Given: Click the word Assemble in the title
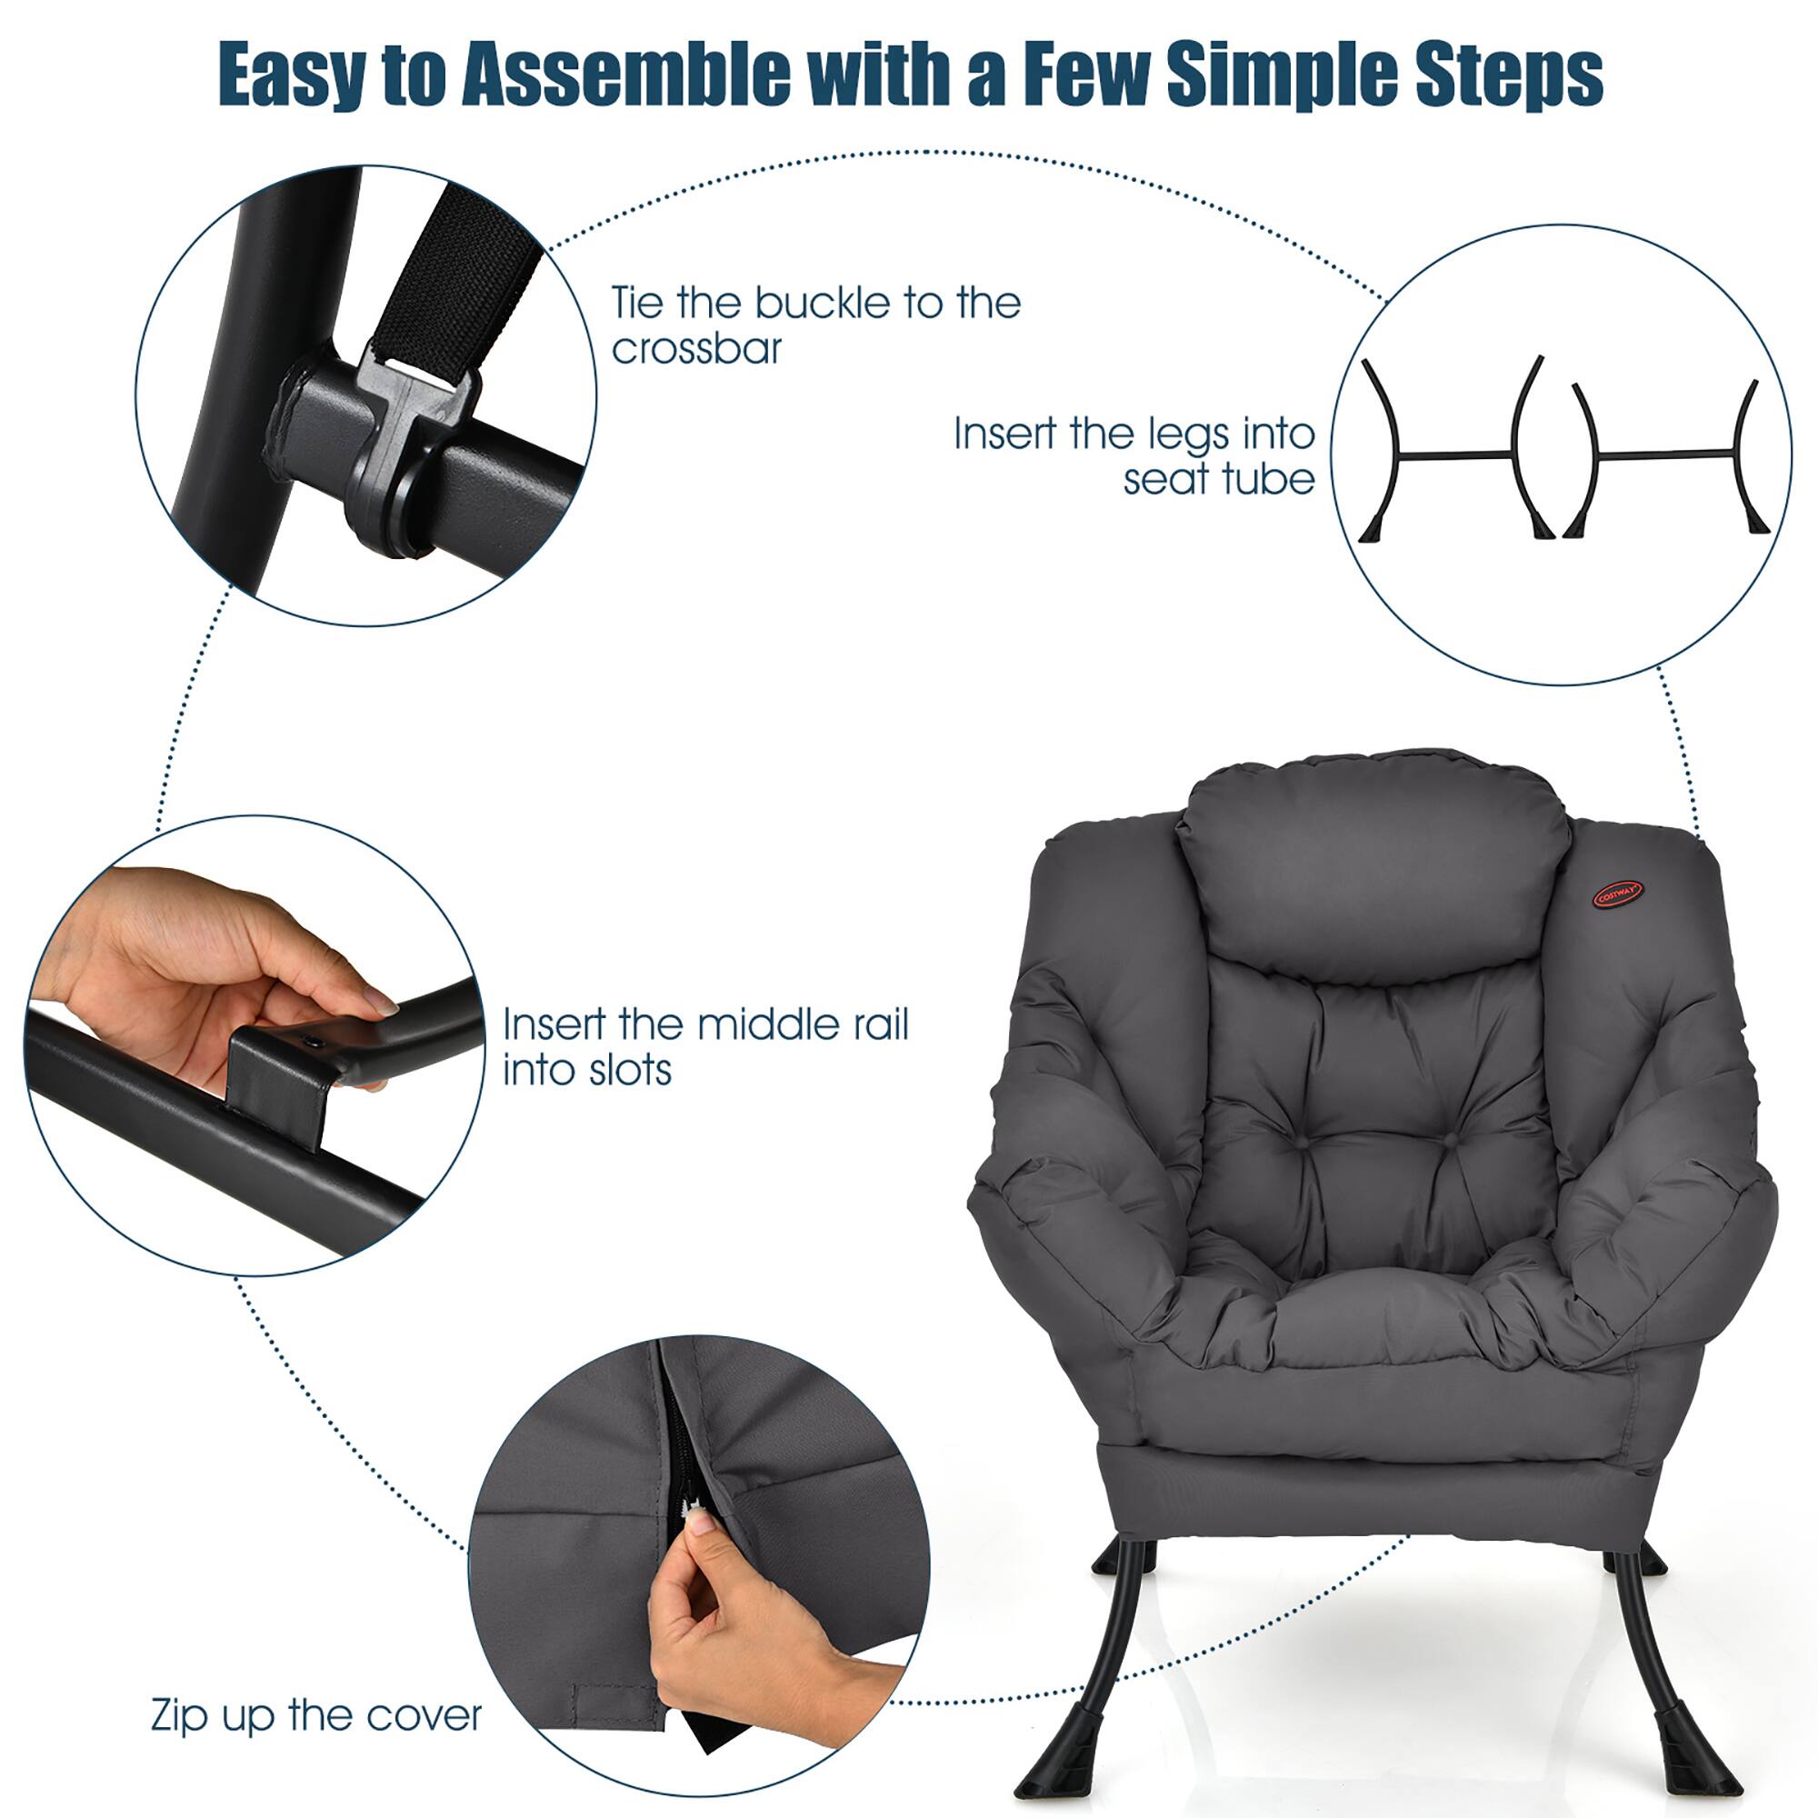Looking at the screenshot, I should (625, 75).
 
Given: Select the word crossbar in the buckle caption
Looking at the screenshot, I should (696, 349).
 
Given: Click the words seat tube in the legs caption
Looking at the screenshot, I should (1219, 479).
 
